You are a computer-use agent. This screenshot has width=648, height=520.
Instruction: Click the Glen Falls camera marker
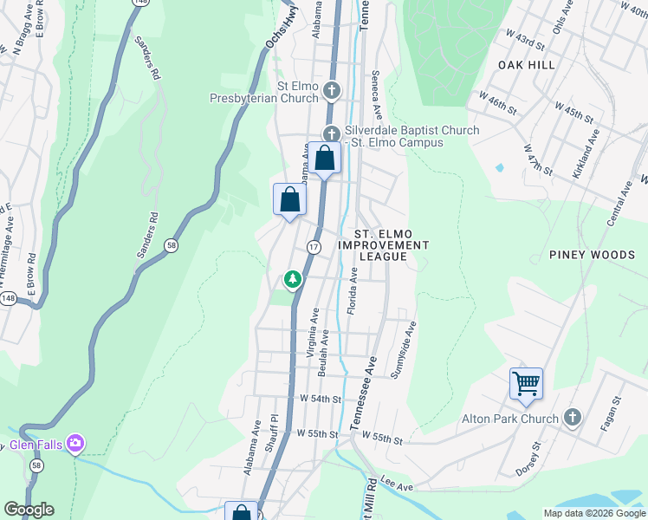(75, 443)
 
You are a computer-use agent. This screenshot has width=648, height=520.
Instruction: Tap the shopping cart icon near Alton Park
(527, 382)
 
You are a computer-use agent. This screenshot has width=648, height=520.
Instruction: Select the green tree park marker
(293, 279)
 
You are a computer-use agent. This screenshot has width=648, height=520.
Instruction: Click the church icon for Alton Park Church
(571, 419)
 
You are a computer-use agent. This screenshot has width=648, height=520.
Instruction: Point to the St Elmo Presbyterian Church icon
(331, 91)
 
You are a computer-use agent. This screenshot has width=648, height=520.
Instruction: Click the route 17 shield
(313, 248)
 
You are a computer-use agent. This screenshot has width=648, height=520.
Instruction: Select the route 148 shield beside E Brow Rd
(8, 298)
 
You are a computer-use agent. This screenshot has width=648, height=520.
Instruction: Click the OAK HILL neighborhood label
(526, 65)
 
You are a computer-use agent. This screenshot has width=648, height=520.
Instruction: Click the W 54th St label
(321, 399)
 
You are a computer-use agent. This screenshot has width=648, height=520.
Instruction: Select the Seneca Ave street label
(377, 95)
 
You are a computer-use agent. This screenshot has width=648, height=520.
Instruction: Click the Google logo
(29, 510)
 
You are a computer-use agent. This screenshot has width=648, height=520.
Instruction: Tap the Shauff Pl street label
(275, 430)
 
